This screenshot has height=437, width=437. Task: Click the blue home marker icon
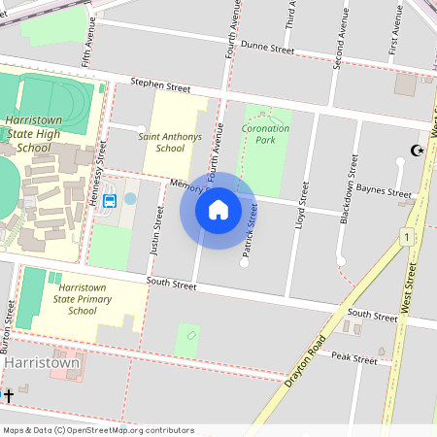tap(218, 209)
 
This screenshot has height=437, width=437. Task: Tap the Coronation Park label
tap(265, 134)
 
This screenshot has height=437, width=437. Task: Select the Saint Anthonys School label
tap(170, 143)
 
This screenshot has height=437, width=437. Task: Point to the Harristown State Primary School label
tap(89, 300)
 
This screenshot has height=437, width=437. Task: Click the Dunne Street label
tap(267, 47)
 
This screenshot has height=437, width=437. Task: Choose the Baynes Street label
tap(385, 191)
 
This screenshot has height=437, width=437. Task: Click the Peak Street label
tap(353, 359)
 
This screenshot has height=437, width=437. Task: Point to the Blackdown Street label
tap(348, 188)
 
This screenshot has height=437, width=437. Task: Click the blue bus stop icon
tap(110, 202)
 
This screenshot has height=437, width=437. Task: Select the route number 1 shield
tap(404, 236)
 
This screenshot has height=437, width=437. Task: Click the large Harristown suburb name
tap(42, 362)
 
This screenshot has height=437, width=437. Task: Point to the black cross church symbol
tap(9, 395)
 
